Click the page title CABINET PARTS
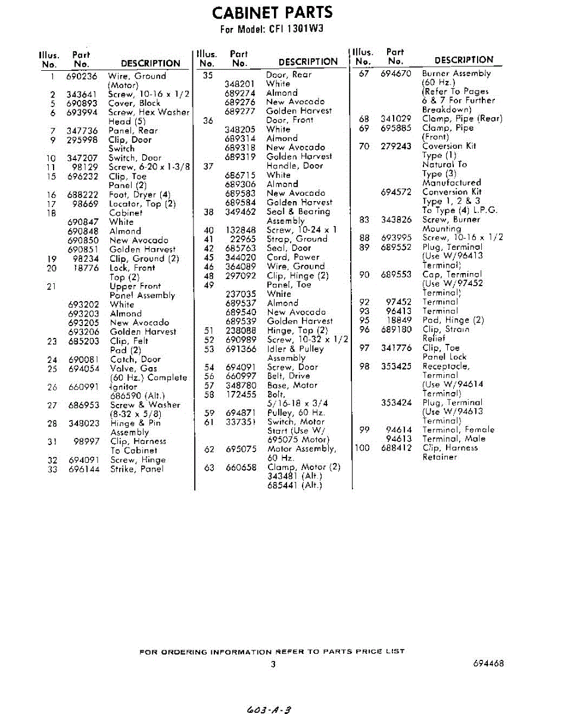[273, 12]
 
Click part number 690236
[82, 76]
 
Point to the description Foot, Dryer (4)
[139, 195]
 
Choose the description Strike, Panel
[136, 469]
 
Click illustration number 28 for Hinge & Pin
[52, 423]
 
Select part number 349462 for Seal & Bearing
[241, 211]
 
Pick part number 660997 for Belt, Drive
[241, 376]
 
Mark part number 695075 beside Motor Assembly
[241, 449]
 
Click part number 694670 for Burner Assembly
[395, 74]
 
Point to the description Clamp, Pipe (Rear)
[462, 118]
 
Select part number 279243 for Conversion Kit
[395, 146]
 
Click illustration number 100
[362, 447]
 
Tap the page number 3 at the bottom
[273, 664]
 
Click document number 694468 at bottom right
[488, 663]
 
